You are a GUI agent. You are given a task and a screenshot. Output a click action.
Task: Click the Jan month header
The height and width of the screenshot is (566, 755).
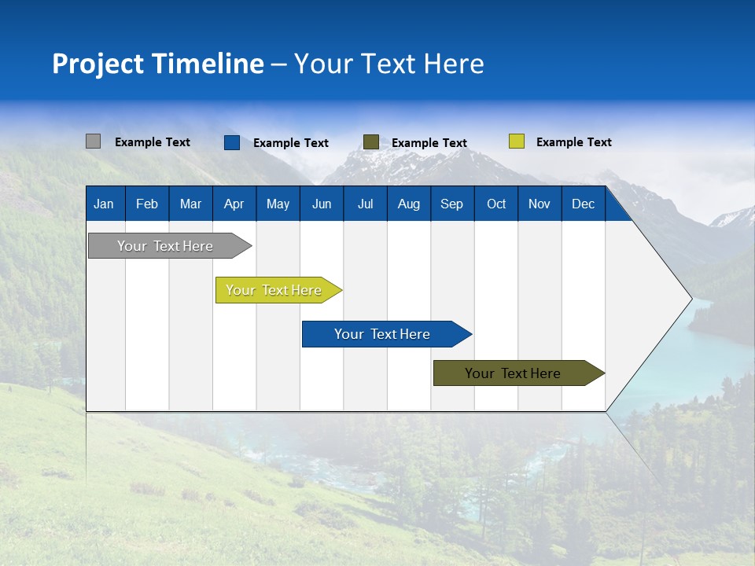click(x=104, y=204)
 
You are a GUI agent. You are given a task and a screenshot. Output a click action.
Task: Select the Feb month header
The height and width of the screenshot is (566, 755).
click(x=147, y=204)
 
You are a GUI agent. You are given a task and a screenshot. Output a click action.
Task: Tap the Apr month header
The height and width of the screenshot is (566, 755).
click(x=234, y=204)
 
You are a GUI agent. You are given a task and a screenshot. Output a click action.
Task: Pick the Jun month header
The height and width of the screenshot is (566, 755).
click(x=322, y=204)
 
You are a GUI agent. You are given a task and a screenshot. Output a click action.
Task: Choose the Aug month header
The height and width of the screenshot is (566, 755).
click(x=409, y=204)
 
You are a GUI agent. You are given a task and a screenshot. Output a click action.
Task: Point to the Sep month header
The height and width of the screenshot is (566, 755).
click(x=452, y=204)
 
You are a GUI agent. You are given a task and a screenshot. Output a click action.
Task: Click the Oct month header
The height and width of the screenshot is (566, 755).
click(x=496, y=204)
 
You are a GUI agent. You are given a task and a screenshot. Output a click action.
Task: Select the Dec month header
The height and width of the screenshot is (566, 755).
click(x=584, y=204)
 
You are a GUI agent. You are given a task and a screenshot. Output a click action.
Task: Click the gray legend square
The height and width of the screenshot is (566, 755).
click(x=94, y=141)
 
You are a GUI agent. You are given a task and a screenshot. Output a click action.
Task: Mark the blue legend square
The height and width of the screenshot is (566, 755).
click(x=232, y=142)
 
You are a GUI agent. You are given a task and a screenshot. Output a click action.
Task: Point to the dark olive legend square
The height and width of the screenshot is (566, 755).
click(x=371, y=142)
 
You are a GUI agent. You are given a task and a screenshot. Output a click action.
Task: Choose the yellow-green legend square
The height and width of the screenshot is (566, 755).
click(x=516, y=141)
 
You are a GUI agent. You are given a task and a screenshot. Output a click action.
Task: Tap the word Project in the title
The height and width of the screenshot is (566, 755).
click(x=98, y=64)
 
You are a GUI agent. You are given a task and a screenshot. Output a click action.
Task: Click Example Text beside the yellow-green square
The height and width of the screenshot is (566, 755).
click(x=574, y=142)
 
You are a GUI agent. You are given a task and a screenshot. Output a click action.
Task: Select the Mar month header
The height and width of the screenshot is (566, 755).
click(x=190, y=204)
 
